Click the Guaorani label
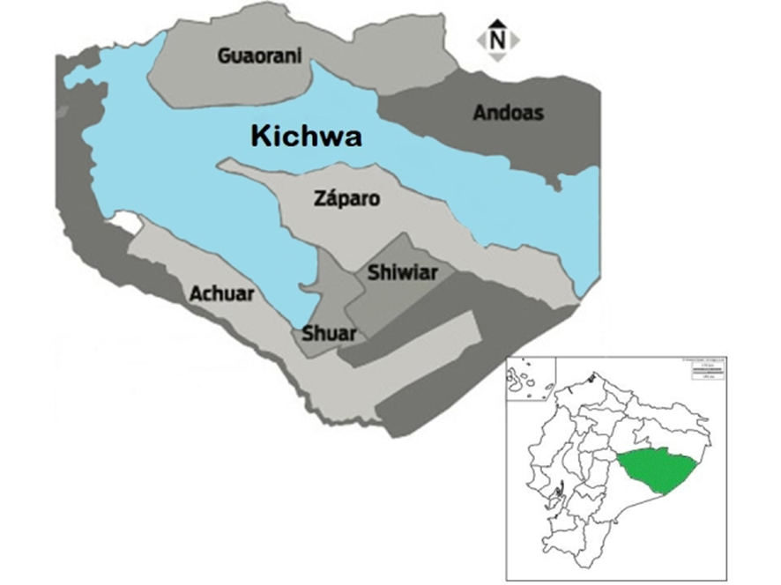[260, 56]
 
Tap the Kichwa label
[306, 136]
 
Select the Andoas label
[508, 113]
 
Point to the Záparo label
[347, 199]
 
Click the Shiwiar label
[403, 273]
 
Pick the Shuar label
[329, 333]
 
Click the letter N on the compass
[498, 40]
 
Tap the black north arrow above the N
[498, 24]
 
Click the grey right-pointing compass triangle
[515, 40]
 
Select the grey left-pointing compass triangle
[481, 40]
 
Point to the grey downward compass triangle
[498, 56]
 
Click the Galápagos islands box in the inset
[529, 380]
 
